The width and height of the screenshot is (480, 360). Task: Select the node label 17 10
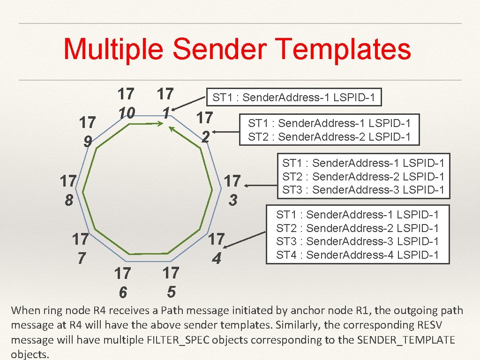(125, 103)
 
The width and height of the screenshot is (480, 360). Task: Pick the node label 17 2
(205, 127)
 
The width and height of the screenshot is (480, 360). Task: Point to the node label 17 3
(233, 190)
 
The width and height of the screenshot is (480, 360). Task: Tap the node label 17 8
(69, 190)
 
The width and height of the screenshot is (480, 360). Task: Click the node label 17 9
(88, 132)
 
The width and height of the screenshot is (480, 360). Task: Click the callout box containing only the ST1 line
(294, 98)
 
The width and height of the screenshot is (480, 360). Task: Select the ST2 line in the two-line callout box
(329, 137)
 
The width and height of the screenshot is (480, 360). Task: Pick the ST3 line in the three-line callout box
(363, 190)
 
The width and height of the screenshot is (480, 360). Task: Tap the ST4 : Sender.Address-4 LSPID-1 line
(357, 255)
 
